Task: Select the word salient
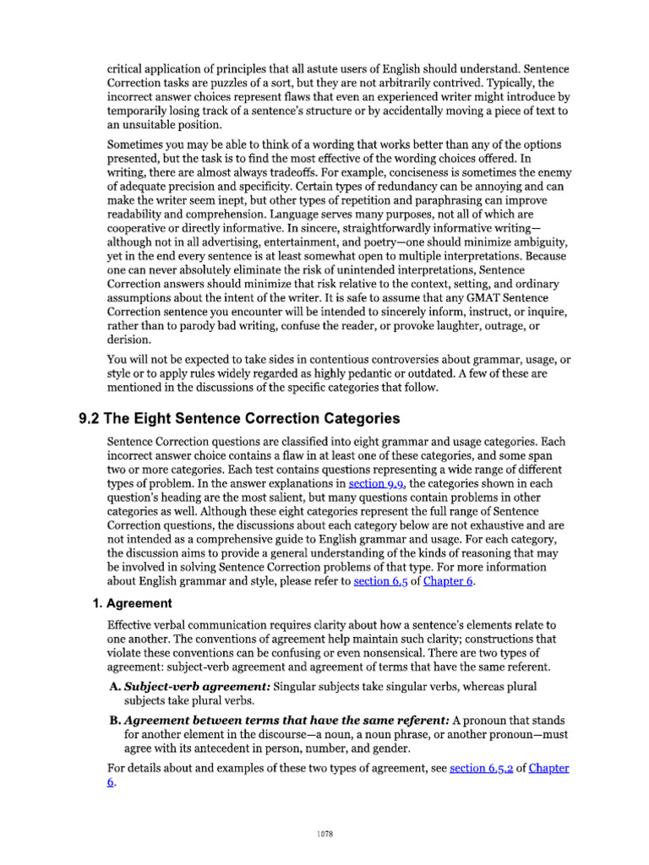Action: pyautogui.click(x=254, y=499)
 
